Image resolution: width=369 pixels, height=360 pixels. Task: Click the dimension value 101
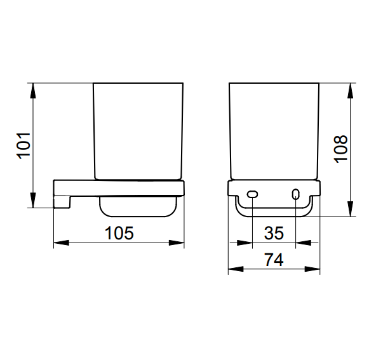[x=23, y=146]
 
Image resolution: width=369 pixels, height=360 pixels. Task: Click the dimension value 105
[x=119, y=233]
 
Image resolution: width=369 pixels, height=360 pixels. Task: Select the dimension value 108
[x=340, y=149]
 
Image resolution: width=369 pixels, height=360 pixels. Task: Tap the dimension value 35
[x=274, y=233]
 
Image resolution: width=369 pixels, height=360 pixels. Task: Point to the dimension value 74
[x=274, y=260]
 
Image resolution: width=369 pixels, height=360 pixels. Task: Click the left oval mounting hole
[x=252, y=194]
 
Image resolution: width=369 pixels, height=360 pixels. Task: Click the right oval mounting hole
[x=295, y=194]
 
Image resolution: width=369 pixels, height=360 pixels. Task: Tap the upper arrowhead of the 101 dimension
[x=33, y=91]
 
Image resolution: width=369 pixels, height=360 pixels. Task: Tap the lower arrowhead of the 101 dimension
[x=33, y=200]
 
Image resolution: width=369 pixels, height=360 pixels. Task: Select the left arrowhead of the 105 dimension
[x=62, y=243]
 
